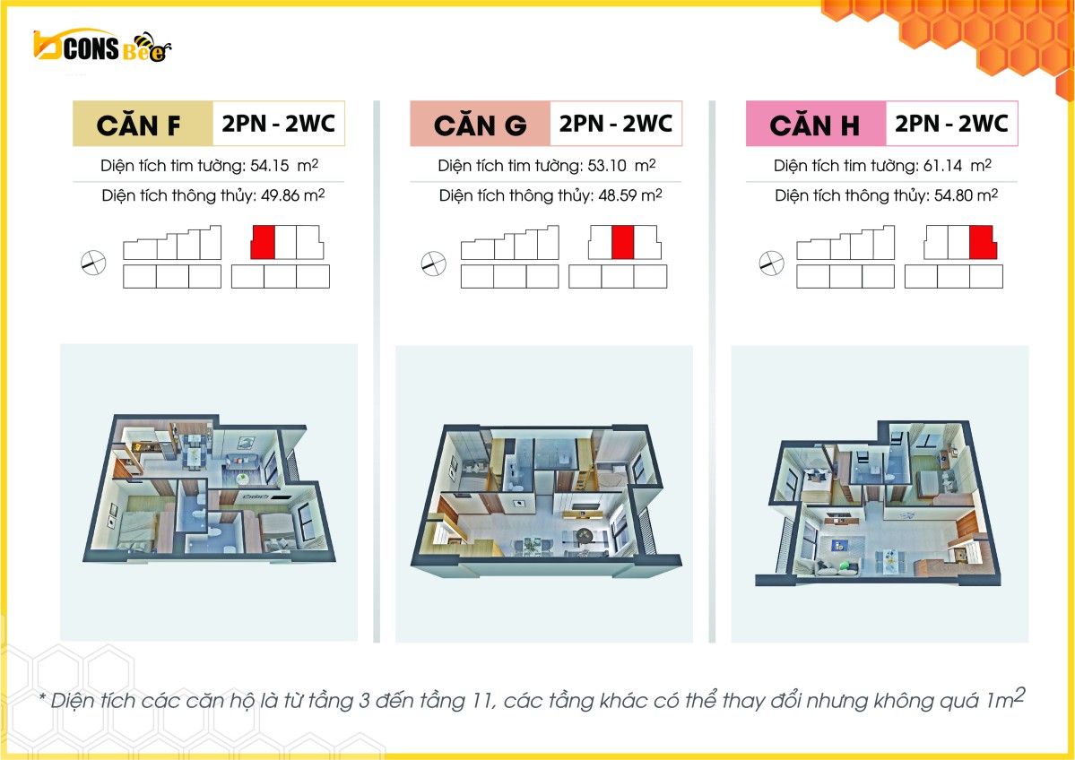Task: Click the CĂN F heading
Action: [138, 125]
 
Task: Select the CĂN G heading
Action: [480, 125]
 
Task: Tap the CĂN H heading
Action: [814, 125]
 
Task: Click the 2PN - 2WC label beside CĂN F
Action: [278, 124]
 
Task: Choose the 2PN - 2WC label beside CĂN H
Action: [951, 124]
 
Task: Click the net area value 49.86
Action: [281, 196]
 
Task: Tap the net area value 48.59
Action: [618, 196]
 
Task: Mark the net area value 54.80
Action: [954, 196]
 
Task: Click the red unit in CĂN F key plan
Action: [263, 242]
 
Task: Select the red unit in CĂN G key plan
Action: [622, 242]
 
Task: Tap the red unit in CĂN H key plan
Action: [983, 242]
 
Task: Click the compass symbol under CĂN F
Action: [93, 263]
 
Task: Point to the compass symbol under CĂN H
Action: [771, 263]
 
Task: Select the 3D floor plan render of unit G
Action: [544, 501]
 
